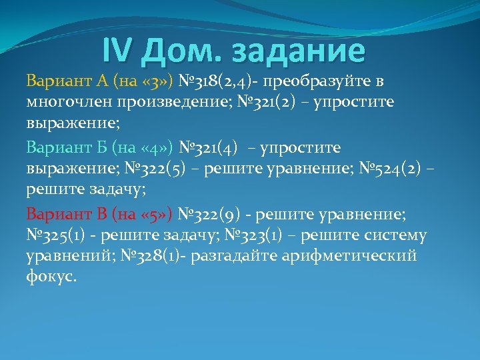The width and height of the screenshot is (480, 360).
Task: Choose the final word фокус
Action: pyautogui.click(x=51, y=277)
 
